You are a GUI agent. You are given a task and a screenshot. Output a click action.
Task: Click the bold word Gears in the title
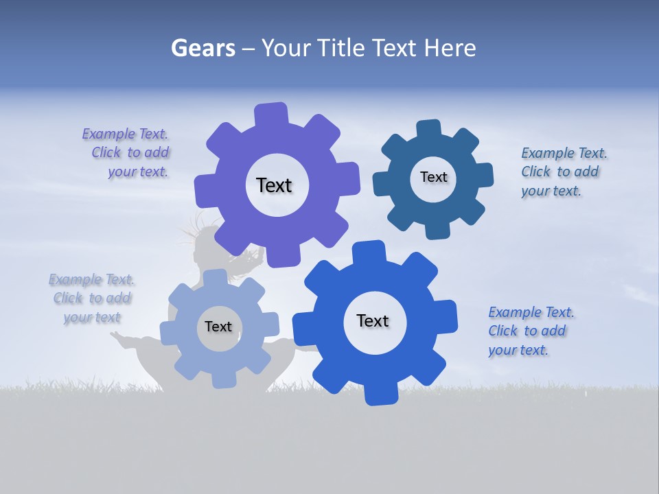pos(203,48)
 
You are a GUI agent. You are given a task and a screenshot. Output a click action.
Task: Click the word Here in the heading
pos(450,48)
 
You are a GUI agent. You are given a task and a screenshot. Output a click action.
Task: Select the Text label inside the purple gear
pos(274,185)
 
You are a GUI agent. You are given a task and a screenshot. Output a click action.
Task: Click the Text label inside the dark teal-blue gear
pos(433,177)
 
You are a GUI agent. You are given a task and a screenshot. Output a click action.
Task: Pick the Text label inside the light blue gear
pos(218,327)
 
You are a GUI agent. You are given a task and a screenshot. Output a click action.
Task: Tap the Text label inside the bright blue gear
pos(373,320)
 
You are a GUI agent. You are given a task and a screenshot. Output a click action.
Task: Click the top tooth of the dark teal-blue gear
pos(429,130)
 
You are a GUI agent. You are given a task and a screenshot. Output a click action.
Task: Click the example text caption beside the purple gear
pos(126,153)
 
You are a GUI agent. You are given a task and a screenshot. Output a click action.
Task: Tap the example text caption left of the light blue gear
pos(92,298)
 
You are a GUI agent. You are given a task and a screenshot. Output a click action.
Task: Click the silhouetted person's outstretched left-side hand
pos(117,336)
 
